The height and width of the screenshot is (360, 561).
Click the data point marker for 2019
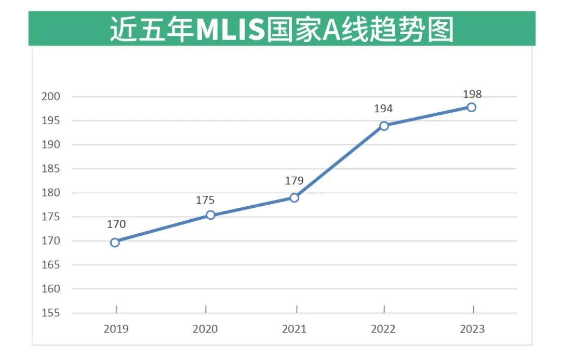pyautogui.click(x=115, y=242)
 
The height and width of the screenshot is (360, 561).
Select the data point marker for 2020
pyautogui.click(x=210, y=215)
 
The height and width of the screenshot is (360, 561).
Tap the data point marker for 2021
pyautogui.click(x=294, y=197)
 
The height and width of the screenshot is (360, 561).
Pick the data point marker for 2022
pyautogui.click(x=384, y=126)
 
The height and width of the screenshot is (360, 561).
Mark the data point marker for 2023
pyautogui.click(x=472, y=107)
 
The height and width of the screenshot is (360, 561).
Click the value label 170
pyautogui.click(x=116, y=224)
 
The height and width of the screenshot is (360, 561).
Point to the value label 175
pyautogui.click(x=205, y=200)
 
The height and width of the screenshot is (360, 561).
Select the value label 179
pyautogui.click(x=294, y=181)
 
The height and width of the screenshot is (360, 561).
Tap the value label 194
pyautogui.click(x=383, y=109)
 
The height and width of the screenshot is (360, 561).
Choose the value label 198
pyautogui.click(x=472, y=94)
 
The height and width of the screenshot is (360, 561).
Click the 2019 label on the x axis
pyautogui.click(x=116, y=329)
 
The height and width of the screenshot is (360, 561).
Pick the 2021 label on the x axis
pyautogui.click(x=294, y=329)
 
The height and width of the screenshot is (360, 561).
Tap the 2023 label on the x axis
pyautogui.click(x=472, y=329)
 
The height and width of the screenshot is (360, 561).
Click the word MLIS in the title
pyautogui.click(x=230, y=30)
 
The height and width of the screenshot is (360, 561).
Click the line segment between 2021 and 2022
pyautogui.click(x=339, y=162)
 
